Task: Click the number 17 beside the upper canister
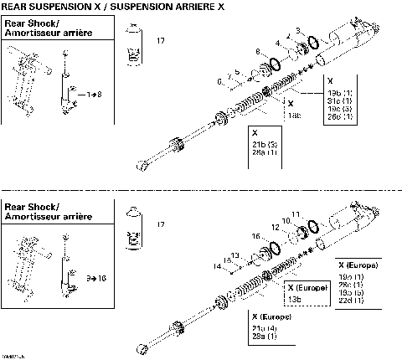coord(160,40)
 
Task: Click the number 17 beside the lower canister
coord(160,224)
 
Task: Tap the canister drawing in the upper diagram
coord(132,45)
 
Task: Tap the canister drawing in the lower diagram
coord(131,229)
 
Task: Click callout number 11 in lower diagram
coord(295,214)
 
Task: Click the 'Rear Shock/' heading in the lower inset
coord(30,206)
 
